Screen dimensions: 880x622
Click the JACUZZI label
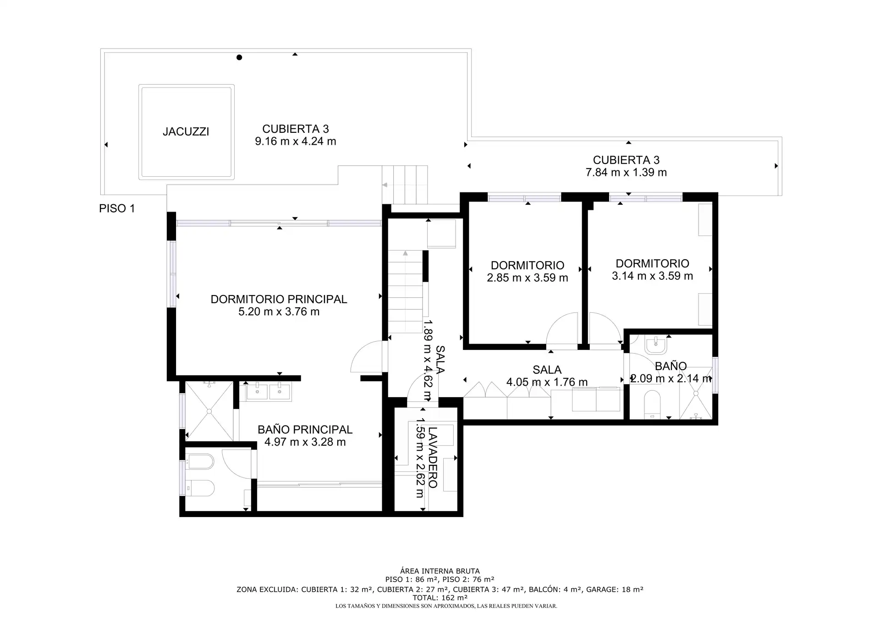[x=186, y=132]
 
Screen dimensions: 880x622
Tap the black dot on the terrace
[x=239, y=57]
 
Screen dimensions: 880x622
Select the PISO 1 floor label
[x=117, y=208]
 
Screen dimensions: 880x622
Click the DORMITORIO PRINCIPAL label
[x=279, y=299]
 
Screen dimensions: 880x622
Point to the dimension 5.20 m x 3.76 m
[x=279, y=312]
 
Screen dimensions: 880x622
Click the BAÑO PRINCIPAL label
[x=305, y=430]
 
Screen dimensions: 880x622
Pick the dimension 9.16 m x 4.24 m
[x=296, y=141]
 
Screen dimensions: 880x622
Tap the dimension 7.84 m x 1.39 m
[x=626, y=173]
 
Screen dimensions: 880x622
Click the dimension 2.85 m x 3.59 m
[x=528, y=278]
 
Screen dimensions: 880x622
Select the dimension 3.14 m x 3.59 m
[x=652, y=276]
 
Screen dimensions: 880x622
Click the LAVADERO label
[x=433, y=457]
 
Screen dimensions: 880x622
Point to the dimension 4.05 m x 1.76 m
[x=547, y=382]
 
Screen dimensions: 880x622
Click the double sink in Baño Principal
[x=268, y=392]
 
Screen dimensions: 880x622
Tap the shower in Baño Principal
[x=209, y=411]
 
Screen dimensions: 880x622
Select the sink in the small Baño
[x=656, y=345]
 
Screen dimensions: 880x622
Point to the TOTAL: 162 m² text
[x=440, y=598]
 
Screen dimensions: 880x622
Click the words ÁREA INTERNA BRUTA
[x=440, y=571]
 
